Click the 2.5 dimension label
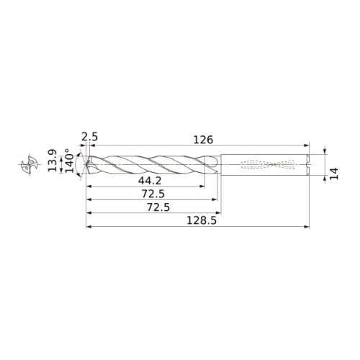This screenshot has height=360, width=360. pyautogui.click(x=90, y=137)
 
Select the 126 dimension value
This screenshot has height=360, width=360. pyautogui.click(x=203, y=140)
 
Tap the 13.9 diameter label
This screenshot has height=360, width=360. pyautogui.click(x=53, y=161)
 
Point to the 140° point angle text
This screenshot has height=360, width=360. pyautogui.click(x=70, y=161)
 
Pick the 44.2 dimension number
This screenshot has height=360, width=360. pyautogui.click(x=150, y=181)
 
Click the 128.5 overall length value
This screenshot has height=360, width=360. pyautogui.click(x=202, y=220)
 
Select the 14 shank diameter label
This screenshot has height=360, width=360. pyautogui.click(x=334, y=174)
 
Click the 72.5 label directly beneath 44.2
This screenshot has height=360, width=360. pyautogui.click(x=153, y=194)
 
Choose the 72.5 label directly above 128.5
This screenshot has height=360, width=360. pyautogui.click(x=158, y=207)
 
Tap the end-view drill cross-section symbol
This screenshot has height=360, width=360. pyautogui.click(x=30, y=165)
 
